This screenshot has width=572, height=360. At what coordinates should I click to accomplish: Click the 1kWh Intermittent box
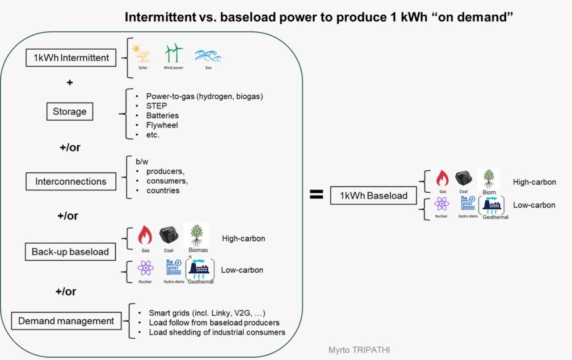pyautogui.click(x=71, y=57)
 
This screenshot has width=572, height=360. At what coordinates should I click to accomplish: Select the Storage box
pyautogui.click(x=70, y=111)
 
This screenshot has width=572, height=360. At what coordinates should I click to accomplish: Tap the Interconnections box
pyautogui.click(x=71, y=182)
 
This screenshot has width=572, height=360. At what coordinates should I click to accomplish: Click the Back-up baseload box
pyautogui.click(x=70, y=252)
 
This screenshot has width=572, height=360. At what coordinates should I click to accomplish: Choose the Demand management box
pyautogui.click(x=66, y=321)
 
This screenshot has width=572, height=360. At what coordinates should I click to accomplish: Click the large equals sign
pyautogui.click(x=316, y=195)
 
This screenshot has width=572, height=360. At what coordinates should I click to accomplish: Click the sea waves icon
pyautogui.click(x=208, y=55)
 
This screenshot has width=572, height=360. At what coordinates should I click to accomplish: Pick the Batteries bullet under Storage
pyautogui.click(x=163, y=115)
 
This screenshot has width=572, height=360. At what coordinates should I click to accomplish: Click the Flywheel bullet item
pyautogui.click(x=162, y=125)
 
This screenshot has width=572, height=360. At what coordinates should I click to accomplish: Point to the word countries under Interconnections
pyautogui.click(x=163, y=191)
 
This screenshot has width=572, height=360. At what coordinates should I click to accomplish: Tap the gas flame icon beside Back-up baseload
pyautogui.click(x=145, y=235)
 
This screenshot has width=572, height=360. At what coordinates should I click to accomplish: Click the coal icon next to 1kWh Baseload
pyautogui.click(x=464, y=178)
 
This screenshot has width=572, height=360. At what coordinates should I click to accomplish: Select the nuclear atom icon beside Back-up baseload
pyautogui.click(x=146, y=268)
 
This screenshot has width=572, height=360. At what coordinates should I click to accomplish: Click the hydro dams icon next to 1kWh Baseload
pyautogui.click(x=468, y=203)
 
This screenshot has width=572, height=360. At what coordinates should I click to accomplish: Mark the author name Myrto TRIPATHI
pyautogui.click(x=359, y=350)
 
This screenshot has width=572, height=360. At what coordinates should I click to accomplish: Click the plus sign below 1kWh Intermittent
pyautogui.click(x=70, y=83)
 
